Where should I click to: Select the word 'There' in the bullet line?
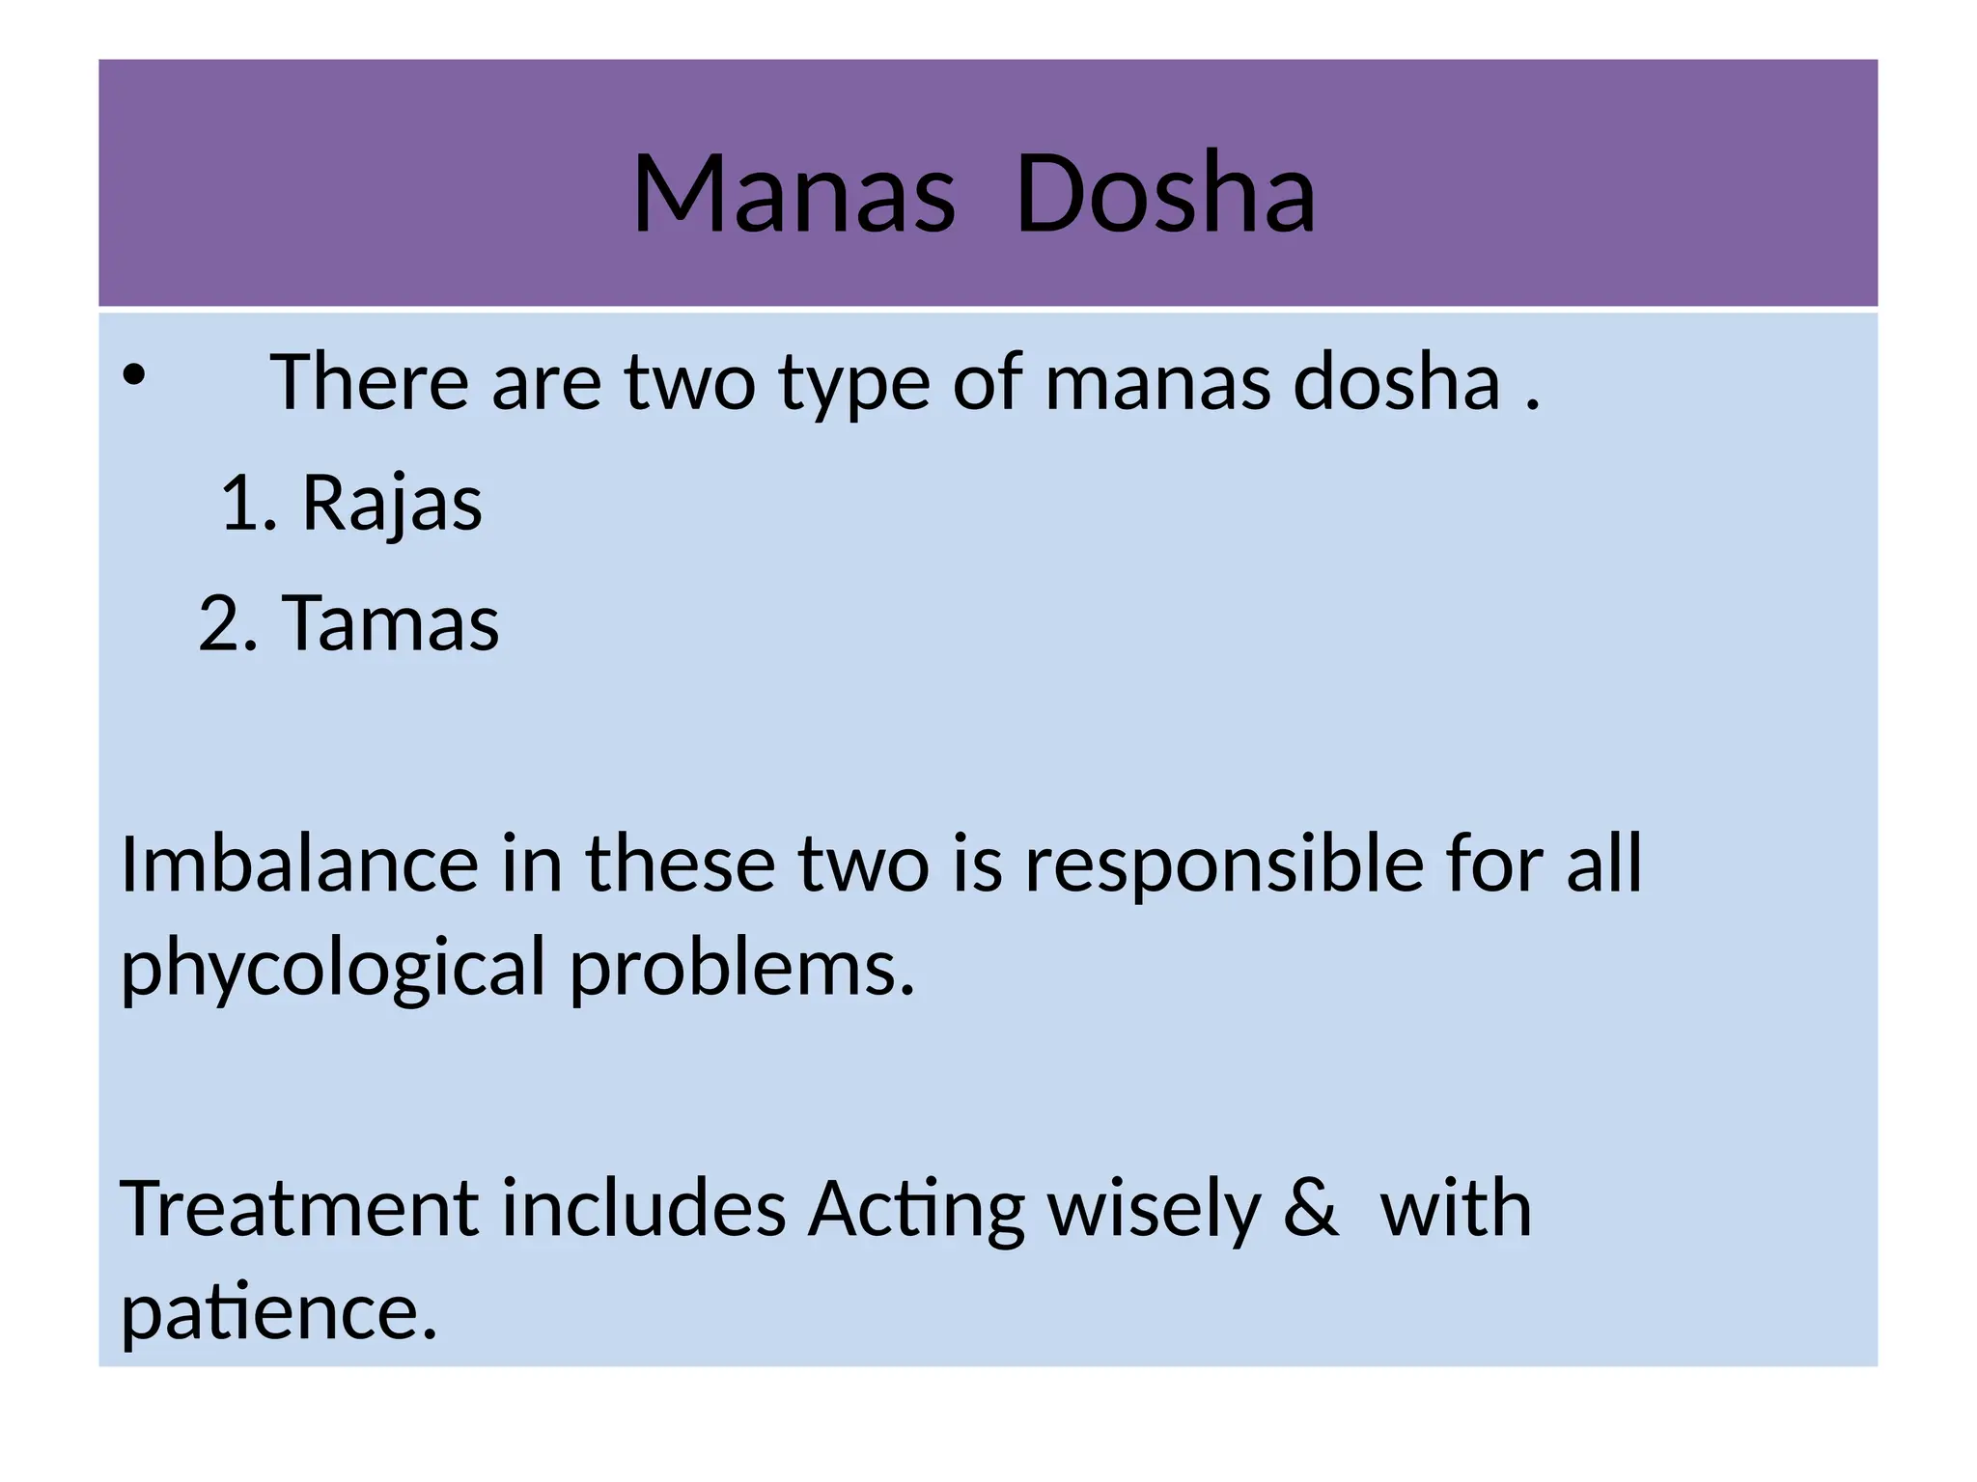pyautogui.click(x=369, y=382)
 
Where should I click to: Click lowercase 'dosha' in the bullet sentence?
pyautogui.click(x=1396, y=382)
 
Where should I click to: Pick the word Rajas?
pyautogui.click(x=392, y=504)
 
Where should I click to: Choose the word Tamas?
pyautogui.click(x=390, y=623)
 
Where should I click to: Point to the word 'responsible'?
pyautogui.click(x=1223, y=864)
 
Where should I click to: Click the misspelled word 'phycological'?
pyautogui.click(x=333, y=969)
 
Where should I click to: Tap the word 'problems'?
pyautogui.click(x=740, y=967)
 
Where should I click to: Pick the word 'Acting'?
pyautogui.click(x=915, y=1210)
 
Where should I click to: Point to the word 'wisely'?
pyautogui.click(x=1155, y=1210)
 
